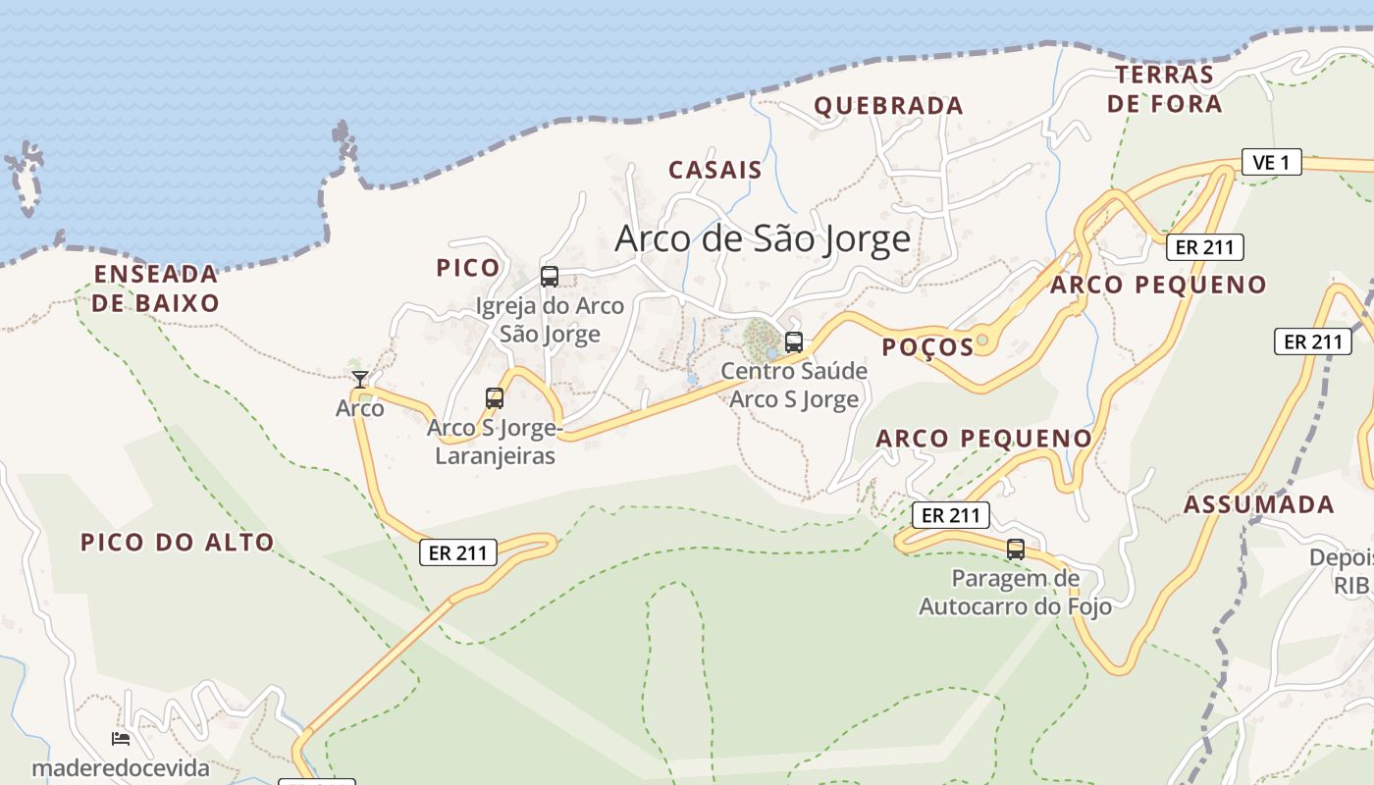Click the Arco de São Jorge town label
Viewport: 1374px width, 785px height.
pyautogui.click(x=763, y=238)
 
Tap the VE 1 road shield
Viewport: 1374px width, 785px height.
pyautogui.click(x=1271, y=162)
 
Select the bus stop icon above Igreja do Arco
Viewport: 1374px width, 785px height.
pyautogui.click(x=550, y=277)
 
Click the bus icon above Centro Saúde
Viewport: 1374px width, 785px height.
pyautogui.click(x=794, y=342)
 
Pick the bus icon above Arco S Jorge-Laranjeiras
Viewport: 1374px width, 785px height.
pyautogui.click(x=495, y=398)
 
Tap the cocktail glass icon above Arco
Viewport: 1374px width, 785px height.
pyautogui.click(x=360, y=380)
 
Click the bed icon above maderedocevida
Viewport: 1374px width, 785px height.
pyautogui.click(x=121, y=739)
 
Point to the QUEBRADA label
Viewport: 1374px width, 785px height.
pyautogui.click(x=889, y=106)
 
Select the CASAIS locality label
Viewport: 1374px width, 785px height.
pyautogui.click(x=715, y=170)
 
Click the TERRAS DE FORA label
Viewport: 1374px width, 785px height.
pyautogui.click(x=1165, y=89)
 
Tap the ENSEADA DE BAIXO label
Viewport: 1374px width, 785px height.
pyautogui.click(x=156, y=288)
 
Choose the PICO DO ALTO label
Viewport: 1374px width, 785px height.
pyautogui.click(x=178, y=542)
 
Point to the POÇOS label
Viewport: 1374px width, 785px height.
pyautogui.click(x=926, y=346)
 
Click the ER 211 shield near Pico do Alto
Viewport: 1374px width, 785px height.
pyautogui.click(x=458, y=552)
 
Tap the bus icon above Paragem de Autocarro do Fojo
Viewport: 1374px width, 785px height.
pyautogui.click(x=1016, y=549)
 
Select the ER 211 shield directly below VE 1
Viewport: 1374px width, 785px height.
pyautogui.click(x=1204, y=247)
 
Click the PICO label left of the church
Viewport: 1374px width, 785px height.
pyautogui.click(x=467, y=268)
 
